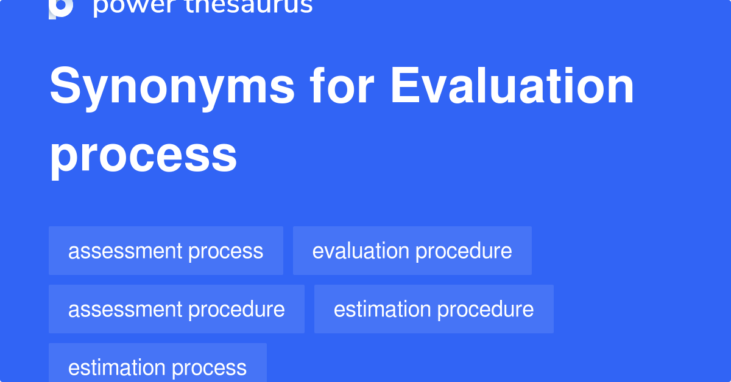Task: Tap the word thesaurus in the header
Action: coord(249,7)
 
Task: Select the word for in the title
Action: coord(342,85)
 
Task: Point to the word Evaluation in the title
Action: coord(512,85)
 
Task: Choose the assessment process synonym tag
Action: coord(166,251)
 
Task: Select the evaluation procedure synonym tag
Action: coord(412,251)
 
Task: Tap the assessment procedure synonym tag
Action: coord(177,309)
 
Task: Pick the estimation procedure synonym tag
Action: coord(434,309)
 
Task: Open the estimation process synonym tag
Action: coord(158,363)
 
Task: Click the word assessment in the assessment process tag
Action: coord(125,251)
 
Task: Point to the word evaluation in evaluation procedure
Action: coord(361,251)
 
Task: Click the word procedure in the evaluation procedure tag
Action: coord(464,251)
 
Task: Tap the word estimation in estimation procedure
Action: coord(382,310)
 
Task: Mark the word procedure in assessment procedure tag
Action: coord(236,310)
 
